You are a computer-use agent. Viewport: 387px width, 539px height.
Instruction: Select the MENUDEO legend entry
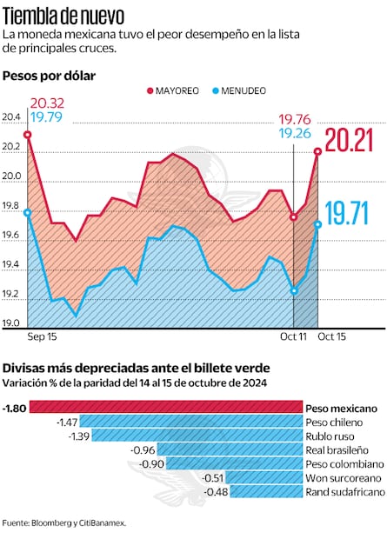click(x=238, y=90)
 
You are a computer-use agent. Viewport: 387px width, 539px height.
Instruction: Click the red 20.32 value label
click(x=45, y=102)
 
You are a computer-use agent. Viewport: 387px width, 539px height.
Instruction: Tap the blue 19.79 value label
click(x=45, y=116)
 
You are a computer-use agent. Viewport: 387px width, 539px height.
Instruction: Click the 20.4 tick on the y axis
click(x=11, y=117)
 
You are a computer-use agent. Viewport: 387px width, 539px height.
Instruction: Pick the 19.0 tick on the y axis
click(x=11, y=324)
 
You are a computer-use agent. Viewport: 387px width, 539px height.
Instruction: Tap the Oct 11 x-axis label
click(x=293, y=336)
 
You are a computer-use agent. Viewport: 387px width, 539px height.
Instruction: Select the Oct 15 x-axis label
click(x=331, y=336)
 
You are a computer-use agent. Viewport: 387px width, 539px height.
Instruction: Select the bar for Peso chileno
click(x=191, y=422)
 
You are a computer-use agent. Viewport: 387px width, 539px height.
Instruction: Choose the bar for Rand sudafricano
click(x=266, y=492)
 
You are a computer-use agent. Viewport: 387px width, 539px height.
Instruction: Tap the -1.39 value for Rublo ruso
click(x=78, y=436)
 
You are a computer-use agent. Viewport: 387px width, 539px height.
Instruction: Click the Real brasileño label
click(x=337, y=450)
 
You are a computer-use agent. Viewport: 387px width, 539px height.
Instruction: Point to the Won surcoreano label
click(x=343, y=478)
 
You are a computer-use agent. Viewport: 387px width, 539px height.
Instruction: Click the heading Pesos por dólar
click(x=49, y=77)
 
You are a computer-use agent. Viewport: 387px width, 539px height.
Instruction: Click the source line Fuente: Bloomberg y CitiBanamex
click(x=64, y=522)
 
